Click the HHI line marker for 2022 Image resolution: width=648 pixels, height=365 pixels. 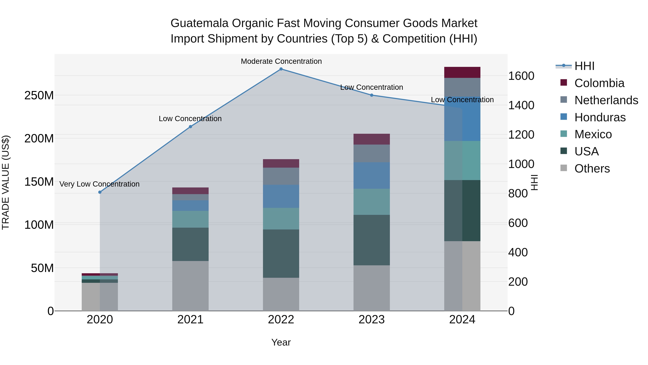pyautogui.click(x=281, y=69)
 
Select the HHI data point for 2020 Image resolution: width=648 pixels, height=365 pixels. pyautogui.click(x=100, y=192)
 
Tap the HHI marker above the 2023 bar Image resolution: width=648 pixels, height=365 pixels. pyautogui.click(x=372, y=95)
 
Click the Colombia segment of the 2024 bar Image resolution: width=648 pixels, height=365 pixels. pyautogui.click(x=462, y=72)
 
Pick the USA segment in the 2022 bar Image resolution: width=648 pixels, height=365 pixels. pyautogui.click(x=281, y=253)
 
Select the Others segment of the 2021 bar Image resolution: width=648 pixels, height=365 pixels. pyautogui.click(x=190, y=286)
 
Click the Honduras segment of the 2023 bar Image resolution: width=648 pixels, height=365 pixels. pyautogui.click(x=372, y=176)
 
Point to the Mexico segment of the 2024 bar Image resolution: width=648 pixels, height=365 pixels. pyautogui.click(x=462, y=160)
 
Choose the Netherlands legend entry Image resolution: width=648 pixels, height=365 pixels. pyautogui.click(x=599, y=100)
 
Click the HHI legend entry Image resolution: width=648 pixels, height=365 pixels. pyautogui.click(x=576, y=66)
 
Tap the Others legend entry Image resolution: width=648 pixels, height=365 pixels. pyautogui.click(x=586, y=169)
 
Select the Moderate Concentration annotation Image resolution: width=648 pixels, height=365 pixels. pyautogui.click(x=281, y=61)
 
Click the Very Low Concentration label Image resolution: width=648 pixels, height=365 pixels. pyautogui.click(x=99, y=184)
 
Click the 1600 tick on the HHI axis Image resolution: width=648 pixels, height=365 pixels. pyautogui.click(x=521, y=76)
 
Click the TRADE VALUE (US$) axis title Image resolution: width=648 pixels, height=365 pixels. pyautogui.click(x=6, y=182)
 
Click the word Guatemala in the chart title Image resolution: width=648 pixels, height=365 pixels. pyautogui.click(x=199, y=23)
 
